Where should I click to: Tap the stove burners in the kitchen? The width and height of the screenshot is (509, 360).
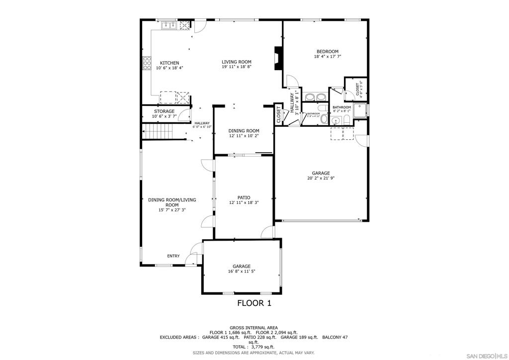coord(147,63)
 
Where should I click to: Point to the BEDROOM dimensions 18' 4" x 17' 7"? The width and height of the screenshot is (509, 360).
coord(328,57)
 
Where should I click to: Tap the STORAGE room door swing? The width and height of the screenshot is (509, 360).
coord(185,115)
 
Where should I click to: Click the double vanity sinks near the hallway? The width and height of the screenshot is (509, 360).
coord(314,96)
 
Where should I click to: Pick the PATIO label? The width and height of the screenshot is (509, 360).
coord(243,197)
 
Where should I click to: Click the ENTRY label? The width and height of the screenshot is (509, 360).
coord(173,256)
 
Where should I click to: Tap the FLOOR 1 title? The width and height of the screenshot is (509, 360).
coord(254,303)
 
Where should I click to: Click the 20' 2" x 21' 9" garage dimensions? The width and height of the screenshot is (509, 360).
coord(321,178)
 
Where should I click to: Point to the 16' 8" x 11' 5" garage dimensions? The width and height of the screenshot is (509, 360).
coord(242,271)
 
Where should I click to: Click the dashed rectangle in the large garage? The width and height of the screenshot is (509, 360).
coord(342,133)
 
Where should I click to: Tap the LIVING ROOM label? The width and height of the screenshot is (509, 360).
coord(236,62)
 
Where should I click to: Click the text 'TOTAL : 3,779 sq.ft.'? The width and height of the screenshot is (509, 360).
coord(254,347)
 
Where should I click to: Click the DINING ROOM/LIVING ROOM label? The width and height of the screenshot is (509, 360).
coord(172,202)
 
